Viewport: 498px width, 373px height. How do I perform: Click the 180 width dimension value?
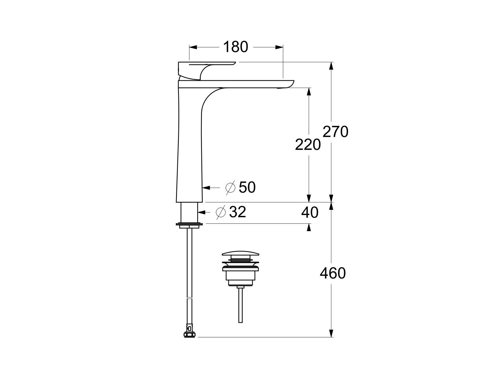point(235,47)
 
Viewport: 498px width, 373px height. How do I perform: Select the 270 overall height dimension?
point(335,132)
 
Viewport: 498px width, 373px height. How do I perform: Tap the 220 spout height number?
point(308,145)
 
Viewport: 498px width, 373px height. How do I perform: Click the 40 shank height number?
point(310,212)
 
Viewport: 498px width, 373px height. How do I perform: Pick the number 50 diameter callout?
point(247,188)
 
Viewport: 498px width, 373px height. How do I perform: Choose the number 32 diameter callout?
point(238,212)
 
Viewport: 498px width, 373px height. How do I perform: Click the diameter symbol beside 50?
point(231,188)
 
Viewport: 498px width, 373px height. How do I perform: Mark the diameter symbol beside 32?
point(221,212)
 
